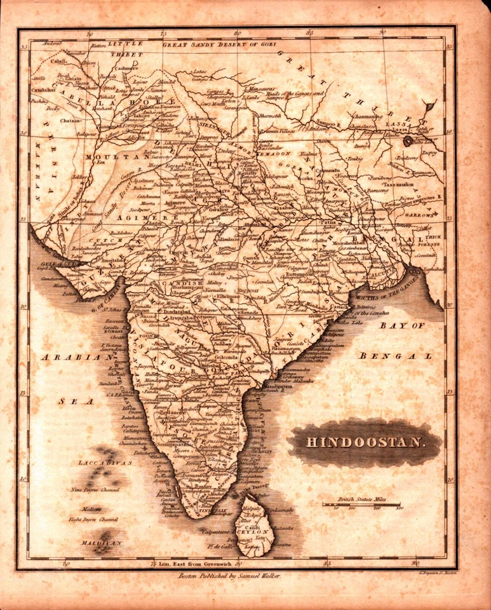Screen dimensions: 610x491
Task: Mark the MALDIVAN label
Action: point(100,543)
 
